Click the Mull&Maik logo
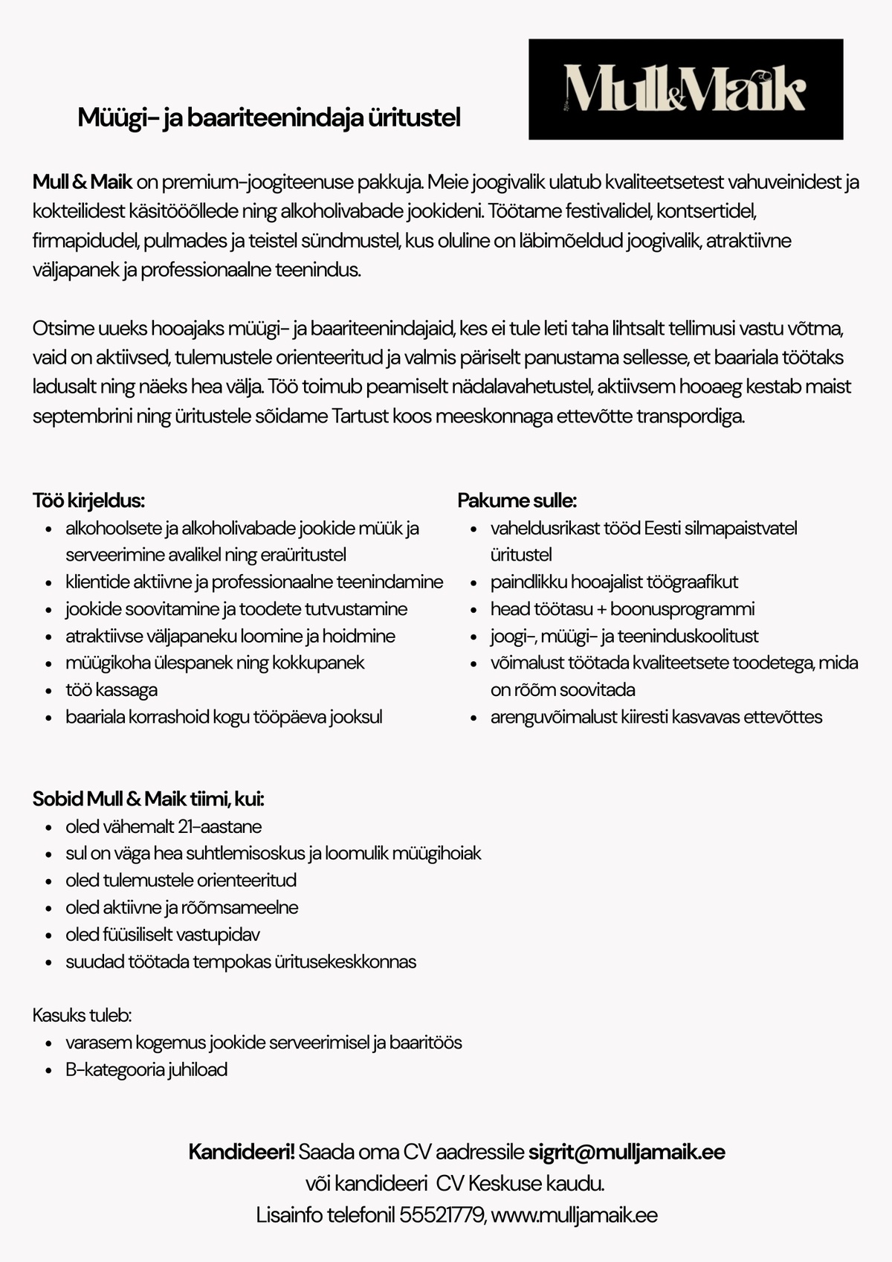coord(685,89)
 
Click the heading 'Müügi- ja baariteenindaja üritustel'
coord(269,117)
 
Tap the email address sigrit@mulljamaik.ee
coord(627,1152)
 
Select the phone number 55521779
coord(442,1215)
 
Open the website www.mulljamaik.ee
coord(575,1215)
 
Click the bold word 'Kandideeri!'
coord(242,1152)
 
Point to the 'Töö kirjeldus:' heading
coord(88,500)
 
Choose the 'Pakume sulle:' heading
coord(517,500)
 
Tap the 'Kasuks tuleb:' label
coord(82,1015)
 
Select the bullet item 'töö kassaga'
coord(111,689)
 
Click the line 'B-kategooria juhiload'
coord(146,1069)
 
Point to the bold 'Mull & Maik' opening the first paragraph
coord(83,181)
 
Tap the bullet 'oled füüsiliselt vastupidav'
coord(163,934)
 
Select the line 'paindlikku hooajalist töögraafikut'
coord(614,582)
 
